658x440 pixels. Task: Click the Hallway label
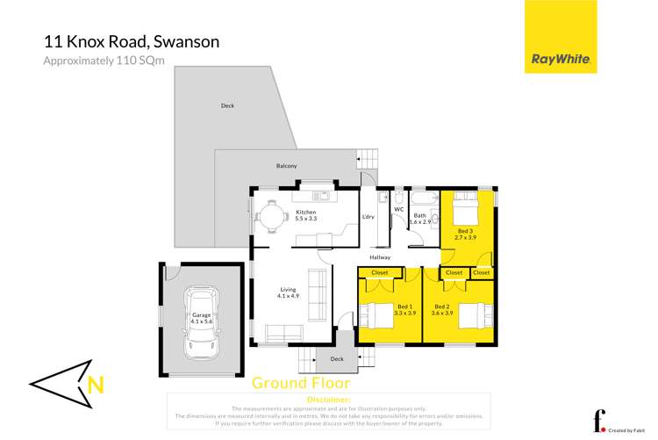pos(404,257)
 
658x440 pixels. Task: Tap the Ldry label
pos(368,217)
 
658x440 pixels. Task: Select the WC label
pos(398,210)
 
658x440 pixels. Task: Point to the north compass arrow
pos(71,383)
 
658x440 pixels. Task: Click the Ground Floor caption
pos(301,383)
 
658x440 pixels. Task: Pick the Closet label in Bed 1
pos(380,273)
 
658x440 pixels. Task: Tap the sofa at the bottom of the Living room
pos(283,335)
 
